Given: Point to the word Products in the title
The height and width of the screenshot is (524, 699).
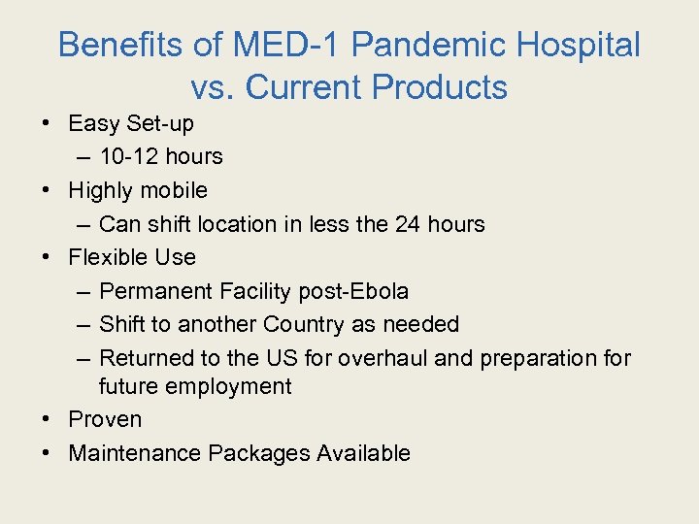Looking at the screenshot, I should tap(440, 87).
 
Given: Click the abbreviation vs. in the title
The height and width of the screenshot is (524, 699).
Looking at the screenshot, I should tap(214, 87).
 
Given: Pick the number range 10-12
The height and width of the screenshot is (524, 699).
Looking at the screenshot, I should tap(132, 156).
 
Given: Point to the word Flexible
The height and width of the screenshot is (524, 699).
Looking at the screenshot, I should tap(105, 257).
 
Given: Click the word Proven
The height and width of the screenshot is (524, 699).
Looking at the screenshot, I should tap(105, 419).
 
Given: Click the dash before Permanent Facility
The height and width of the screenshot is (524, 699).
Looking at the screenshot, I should tap(83, 291).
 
